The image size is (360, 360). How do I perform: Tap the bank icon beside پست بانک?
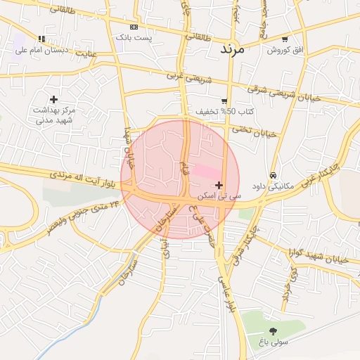[134, 26]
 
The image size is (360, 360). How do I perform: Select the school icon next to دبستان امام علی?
[42, 39]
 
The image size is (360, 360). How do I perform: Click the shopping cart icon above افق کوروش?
[284, 39]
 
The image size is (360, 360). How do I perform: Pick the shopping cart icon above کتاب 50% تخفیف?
[224, 101]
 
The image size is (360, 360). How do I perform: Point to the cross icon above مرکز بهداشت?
[53, 99]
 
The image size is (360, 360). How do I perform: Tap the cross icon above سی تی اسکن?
[219, 186]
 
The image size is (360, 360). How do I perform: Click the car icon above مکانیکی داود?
[272, 175]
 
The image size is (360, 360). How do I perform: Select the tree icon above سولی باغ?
[273, 331]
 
